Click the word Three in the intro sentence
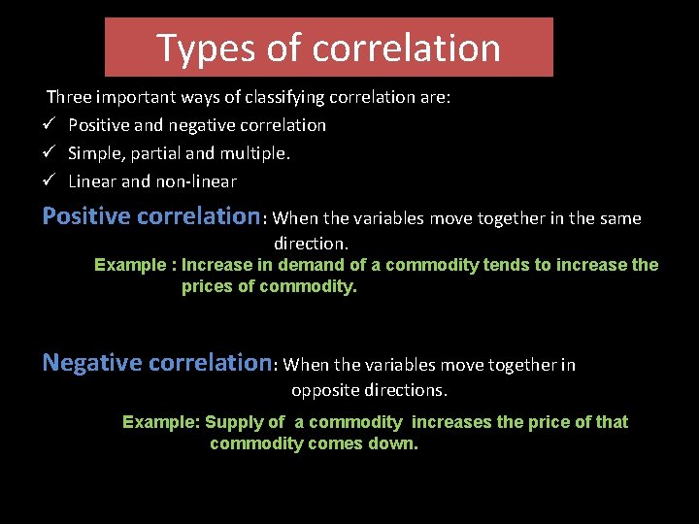point(69,97)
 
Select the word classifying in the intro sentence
point(280,97)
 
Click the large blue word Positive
point(86,216)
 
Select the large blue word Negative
point(92,363)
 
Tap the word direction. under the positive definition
point(311,243)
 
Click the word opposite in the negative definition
point(325,390)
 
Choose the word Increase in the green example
point(214,265)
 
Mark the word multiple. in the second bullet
point(259,153)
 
